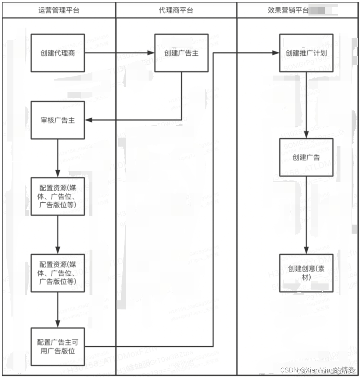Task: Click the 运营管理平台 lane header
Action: tap(59, 10)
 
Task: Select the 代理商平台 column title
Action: tap(176, 10)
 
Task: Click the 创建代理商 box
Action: tap(58, 53)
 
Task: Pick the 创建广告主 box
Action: tap(181, 53)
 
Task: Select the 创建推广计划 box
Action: tap(306, 53)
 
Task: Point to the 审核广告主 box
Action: tap(58, 120)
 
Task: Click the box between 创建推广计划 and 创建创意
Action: tap(306, 157)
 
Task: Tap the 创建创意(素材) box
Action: tap(306, 273)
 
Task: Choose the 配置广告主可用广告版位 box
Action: tap(58, 347)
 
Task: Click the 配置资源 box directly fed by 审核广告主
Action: tap(58, 196)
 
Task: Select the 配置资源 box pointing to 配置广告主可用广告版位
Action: tap(58, 273)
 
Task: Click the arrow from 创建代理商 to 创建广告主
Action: tap(119, 53)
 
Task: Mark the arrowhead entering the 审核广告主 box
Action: tap(88, 120)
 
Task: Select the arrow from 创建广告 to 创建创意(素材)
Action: tap(306, 215)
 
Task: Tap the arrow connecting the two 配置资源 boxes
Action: tap(58, 234)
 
